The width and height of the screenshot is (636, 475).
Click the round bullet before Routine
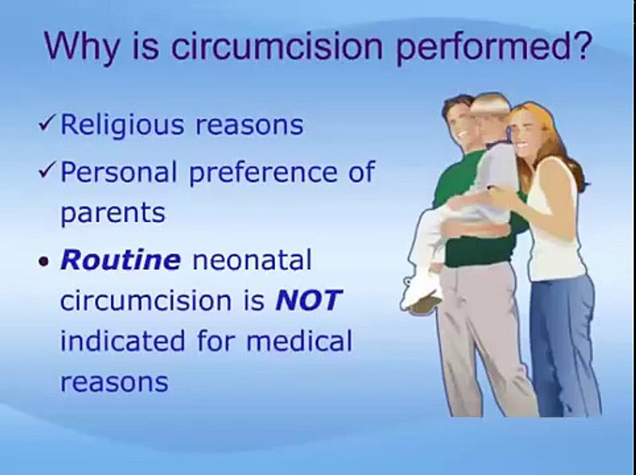[44, 261]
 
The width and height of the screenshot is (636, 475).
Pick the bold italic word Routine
[120, 260]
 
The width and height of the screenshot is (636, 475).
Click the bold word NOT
[309, 301]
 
